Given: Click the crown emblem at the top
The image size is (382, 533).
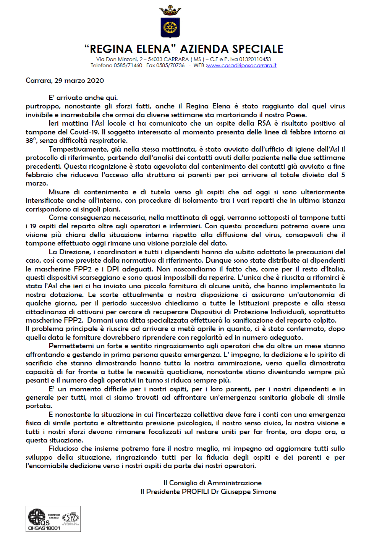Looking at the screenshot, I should coord(170,11).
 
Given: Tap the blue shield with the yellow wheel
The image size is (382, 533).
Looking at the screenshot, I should coord(170,27).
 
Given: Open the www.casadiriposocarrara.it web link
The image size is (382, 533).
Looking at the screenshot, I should coord(241,65).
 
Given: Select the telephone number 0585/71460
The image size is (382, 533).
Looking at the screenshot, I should coord(128,65).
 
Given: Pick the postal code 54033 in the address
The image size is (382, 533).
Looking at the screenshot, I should coord(155,59).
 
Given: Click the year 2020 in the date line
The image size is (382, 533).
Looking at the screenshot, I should coord(95,81).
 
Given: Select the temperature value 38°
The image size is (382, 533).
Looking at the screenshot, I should coord(31,141).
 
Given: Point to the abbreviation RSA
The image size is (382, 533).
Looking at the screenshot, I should coord(264,123).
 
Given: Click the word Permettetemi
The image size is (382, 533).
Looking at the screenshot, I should coord(72,346).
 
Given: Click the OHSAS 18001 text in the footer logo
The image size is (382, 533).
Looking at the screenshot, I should coord(44,528).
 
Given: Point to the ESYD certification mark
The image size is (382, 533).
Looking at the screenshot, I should coord(71,518).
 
